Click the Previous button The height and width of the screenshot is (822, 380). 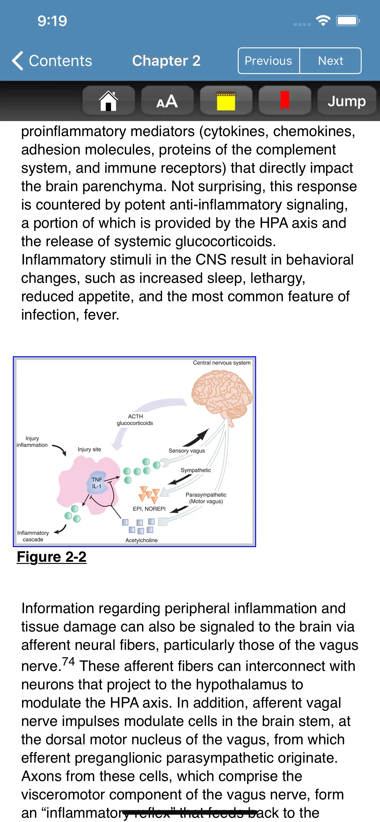pos(268,61)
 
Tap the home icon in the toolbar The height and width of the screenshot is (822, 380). pos(109,101)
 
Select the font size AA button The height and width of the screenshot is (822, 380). pos(167,101)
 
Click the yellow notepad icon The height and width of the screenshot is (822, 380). pos(226,101)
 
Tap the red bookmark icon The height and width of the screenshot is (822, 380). pos(285,101)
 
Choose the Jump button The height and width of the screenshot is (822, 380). pos(346,101)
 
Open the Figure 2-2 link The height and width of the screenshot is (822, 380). pos(51,557)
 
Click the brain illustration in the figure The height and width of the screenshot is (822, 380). pos(222,394)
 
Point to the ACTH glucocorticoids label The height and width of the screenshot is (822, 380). pos(135,420)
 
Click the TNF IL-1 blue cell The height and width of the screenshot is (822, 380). pos(97,483)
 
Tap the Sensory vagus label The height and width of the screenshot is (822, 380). pos(187,450)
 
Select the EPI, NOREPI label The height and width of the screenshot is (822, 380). pos(149,509)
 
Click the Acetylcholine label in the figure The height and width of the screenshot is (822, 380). pos(141,540)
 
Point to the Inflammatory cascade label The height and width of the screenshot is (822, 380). pos(33,536)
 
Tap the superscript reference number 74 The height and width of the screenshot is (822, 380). pos(68,661)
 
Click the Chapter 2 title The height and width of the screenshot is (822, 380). pos(166,61)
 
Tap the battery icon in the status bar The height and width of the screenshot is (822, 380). pos(348,21)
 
